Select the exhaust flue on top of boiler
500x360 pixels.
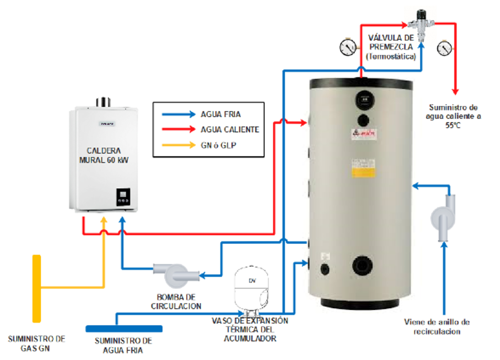[104, 101]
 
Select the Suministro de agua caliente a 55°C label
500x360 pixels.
[453, 116]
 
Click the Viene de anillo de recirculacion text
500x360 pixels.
[437, 326]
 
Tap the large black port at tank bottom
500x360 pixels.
[363, 265]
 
